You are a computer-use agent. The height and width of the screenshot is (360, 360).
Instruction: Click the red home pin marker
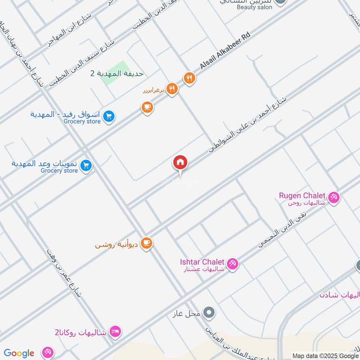point(180,162)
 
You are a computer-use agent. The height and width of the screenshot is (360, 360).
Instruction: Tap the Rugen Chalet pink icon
point(333,197)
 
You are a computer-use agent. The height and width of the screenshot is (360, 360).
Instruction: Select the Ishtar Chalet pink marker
point(232,263)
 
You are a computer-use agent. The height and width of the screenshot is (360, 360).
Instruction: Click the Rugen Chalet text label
point(302,196)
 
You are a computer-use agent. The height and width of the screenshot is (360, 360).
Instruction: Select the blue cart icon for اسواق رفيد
point(108,117)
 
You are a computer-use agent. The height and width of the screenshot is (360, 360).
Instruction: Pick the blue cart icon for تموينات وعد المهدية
point(86,166)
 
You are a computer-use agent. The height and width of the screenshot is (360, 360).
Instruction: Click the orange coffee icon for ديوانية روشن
point(147,243)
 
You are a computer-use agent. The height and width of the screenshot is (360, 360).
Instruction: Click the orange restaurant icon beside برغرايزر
point(171,89)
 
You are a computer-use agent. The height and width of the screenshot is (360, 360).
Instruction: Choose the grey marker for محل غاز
point(209,311)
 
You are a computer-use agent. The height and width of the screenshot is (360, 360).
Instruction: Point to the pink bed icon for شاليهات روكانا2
point(116,332)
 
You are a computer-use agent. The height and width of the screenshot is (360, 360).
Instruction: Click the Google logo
point(19,353)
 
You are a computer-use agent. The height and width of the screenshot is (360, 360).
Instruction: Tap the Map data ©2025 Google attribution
point(325,355)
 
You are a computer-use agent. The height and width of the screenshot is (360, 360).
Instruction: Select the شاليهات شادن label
point(340,295)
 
